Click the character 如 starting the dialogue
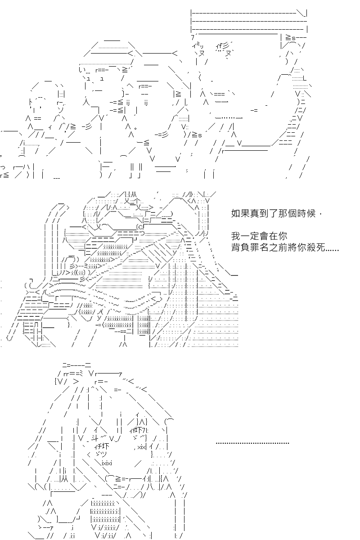tap(236, 213)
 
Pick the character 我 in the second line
tap(236, 236)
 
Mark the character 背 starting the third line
tap(236, 247)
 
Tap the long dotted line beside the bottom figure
tap(252, 443)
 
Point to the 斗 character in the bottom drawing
tap(95, 437)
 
